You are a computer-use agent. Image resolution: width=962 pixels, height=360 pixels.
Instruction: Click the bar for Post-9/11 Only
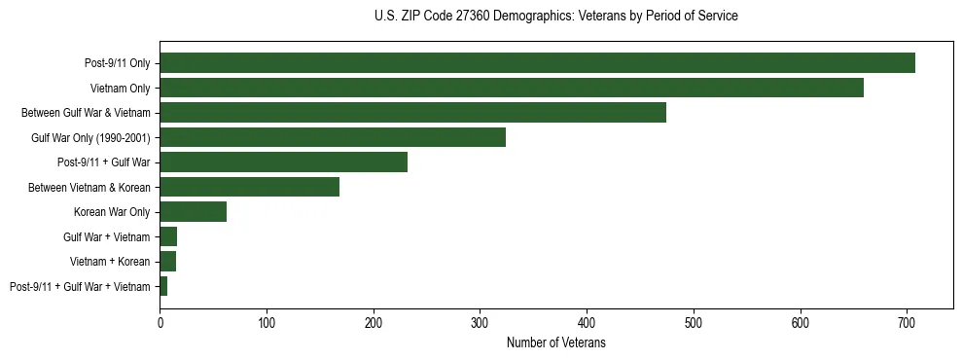[x=537, y=63]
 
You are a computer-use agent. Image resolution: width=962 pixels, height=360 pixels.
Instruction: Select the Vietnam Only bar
[x=512, y=88]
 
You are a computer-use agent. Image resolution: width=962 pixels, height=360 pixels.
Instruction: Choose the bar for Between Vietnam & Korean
[x=249, y=187]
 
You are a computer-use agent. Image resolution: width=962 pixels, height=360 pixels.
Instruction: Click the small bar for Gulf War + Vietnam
[x=168, y=236]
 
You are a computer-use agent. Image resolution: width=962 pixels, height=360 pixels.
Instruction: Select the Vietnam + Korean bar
[x=167, y=262]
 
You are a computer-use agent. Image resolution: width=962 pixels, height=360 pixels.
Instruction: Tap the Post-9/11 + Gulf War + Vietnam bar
[x=163, y=286]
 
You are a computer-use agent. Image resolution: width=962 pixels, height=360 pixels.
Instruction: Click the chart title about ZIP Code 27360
[x=555, y=17]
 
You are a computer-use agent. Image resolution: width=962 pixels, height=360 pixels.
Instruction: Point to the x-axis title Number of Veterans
[x=555, y=343]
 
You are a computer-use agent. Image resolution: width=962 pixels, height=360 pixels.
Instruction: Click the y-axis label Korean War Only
[x=111, y=212]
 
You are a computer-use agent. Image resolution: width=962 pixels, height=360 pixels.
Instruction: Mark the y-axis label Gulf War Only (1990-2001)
[x=90, y=137]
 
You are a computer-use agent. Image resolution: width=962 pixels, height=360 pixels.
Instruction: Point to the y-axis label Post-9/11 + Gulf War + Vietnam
[x=80, y=286]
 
